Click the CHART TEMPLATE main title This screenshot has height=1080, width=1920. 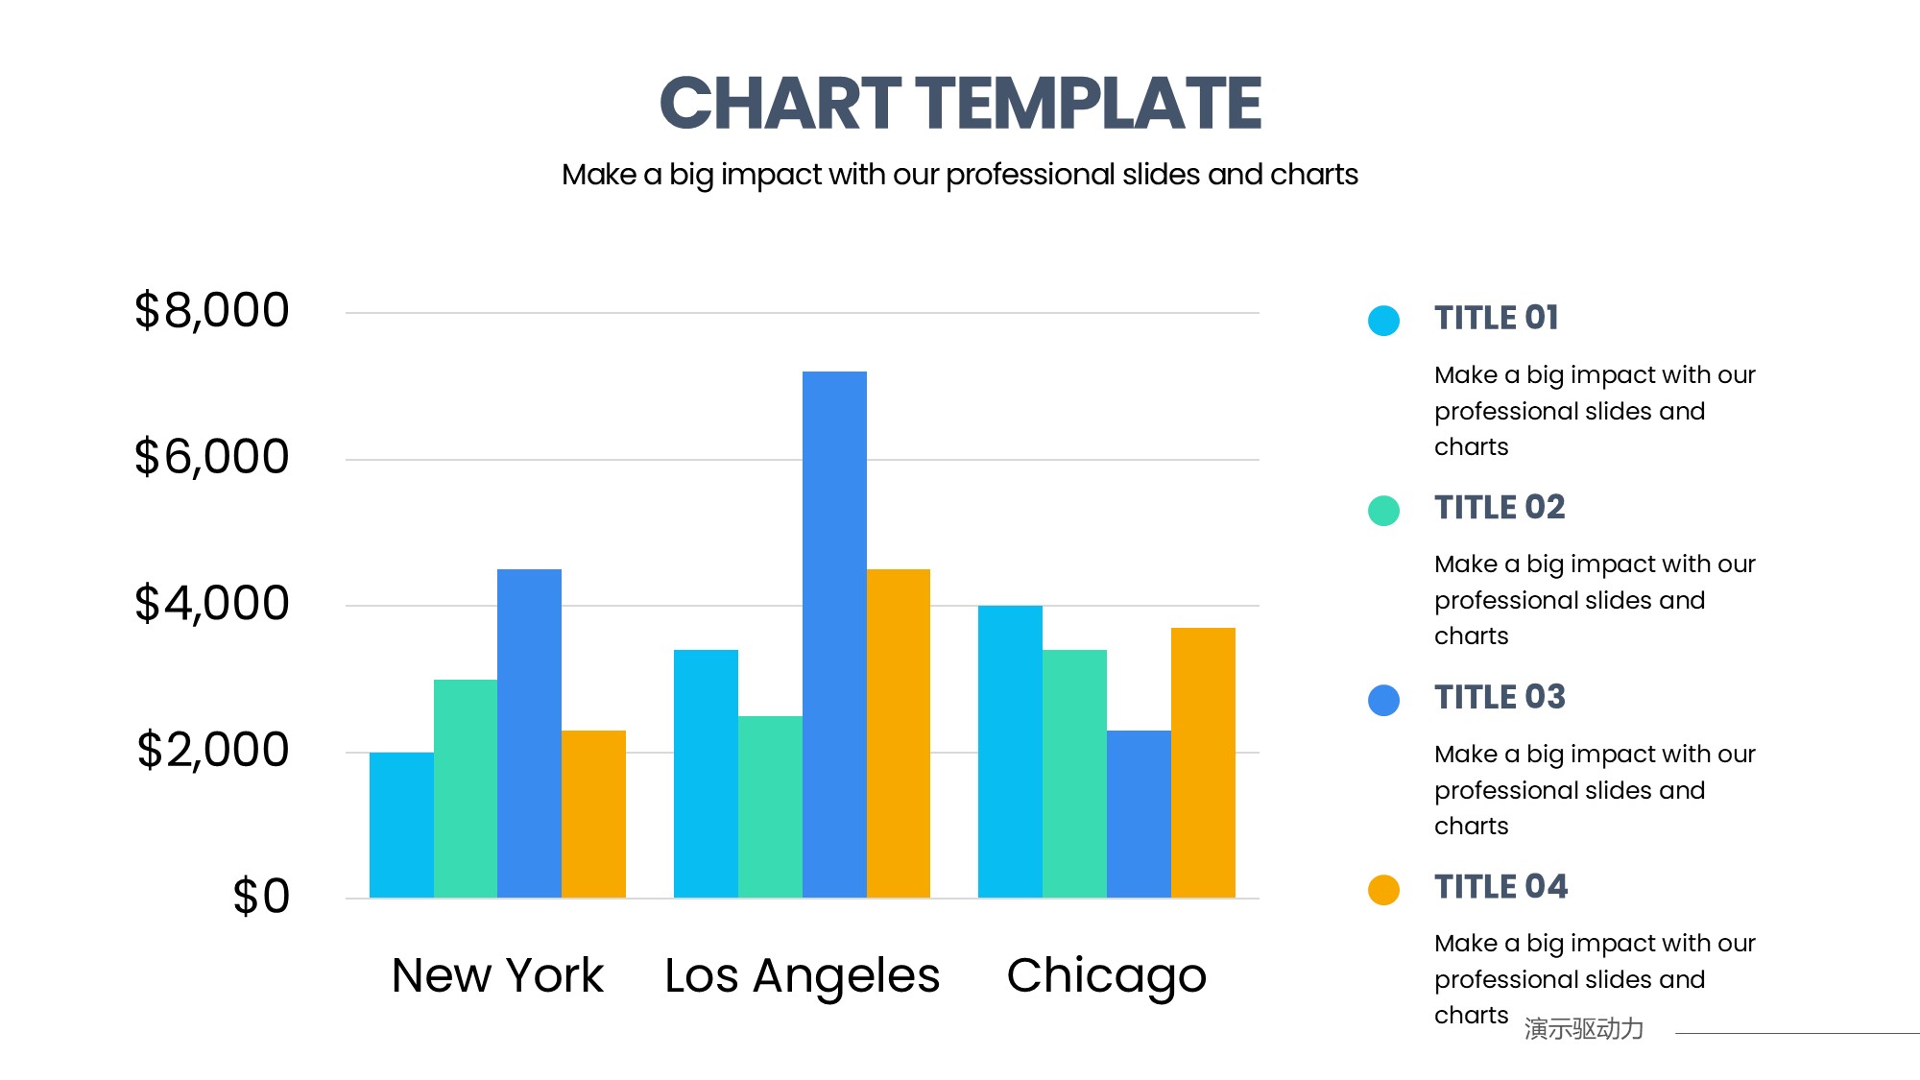pos(960,104)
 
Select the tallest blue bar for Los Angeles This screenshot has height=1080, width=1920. pos(834,634)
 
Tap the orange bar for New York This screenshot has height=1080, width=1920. pos(593,814)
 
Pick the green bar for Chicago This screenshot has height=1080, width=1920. pos(1074,774)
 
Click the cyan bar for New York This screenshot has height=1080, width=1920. pos(401,825)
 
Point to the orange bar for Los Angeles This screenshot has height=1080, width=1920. pos(899,733)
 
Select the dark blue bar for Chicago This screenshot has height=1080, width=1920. pos(1139,814)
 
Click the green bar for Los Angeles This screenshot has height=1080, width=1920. pos(770,806)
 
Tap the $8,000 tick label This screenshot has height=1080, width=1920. pos(211,311)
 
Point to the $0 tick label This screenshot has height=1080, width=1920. pos(261,897)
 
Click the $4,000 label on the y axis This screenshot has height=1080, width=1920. pos(211,604)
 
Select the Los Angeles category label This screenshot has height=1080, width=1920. pos(802,976)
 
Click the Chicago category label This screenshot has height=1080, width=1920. pos(1106,976)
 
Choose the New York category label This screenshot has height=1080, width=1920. pos(497,976)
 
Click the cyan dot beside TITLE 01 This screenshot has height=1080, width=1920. pos(1383,321)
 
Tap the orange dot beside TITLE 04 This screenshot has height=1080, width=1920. pos(1383,890)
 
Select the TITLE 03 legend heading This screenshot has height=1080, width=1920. pos(1500,697)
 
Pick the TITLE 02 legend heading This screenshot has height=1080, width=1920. pos(1500,508)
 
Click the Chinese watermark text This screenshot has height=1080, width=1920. pos(1584,1029)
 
